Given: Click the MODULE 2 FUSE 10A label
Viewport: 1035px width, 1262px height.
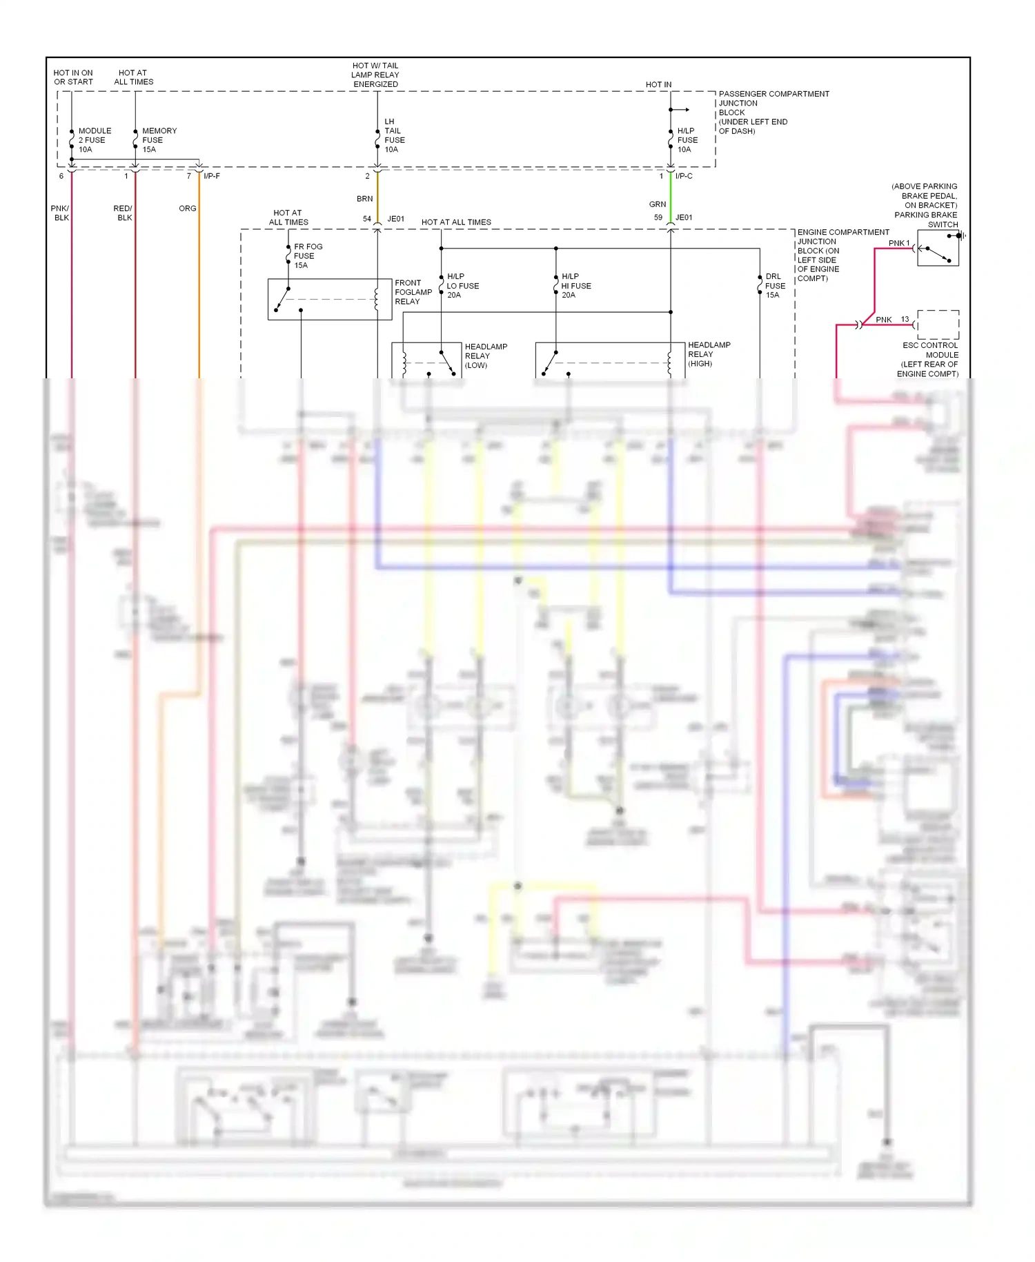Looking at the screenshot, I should click(93, 140).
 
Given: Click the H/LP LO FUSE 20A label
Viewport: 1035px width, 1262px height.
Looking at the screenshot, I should click(462, 286).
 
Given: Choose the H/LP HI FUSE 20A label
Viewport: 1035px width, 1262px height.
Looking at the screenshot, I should click(575, 286).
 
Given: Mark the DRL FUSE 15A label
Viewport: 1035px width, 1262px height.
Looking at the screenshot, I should click(774, 286).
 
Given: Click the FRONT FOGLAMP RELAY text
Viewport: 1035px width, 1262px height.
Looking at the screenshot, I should click(413, 292).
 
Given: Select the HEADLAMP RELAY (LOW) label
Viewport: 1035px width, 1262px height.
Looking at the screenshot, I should click(485, 356).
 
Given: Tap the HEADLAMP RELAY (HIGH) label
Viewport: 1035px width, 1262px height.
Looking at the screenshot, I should click(709, 354).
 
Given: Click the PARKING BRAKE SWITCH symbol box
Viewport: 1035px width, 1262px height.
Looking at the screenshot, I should click(938, 249).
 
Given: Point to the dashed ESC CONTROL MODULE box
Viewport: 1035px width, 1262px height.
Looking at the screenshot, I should click(938, 324).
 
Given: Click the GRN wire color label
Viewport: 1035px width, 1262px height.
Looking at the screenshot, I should click(657, 204).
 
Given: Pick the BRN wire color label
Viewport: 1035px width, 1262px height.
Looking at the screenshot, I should click(364, 199).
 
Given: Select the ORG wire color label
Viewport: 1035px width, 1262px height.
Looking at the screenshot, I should click(187, 208).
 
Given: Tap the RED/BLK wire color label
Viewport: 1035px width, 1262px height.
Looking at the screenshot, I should click(123, 213).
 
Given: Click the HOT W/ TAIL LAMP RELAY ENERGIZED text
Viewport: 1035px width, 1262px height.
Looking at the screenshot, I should click(375, 75).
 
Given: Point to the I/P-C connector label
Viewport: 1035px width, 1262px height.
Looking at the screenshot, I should click(684, 176).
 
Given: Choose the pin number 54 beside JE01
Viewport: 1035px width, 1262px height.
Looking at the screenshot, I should click(367, 219).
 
